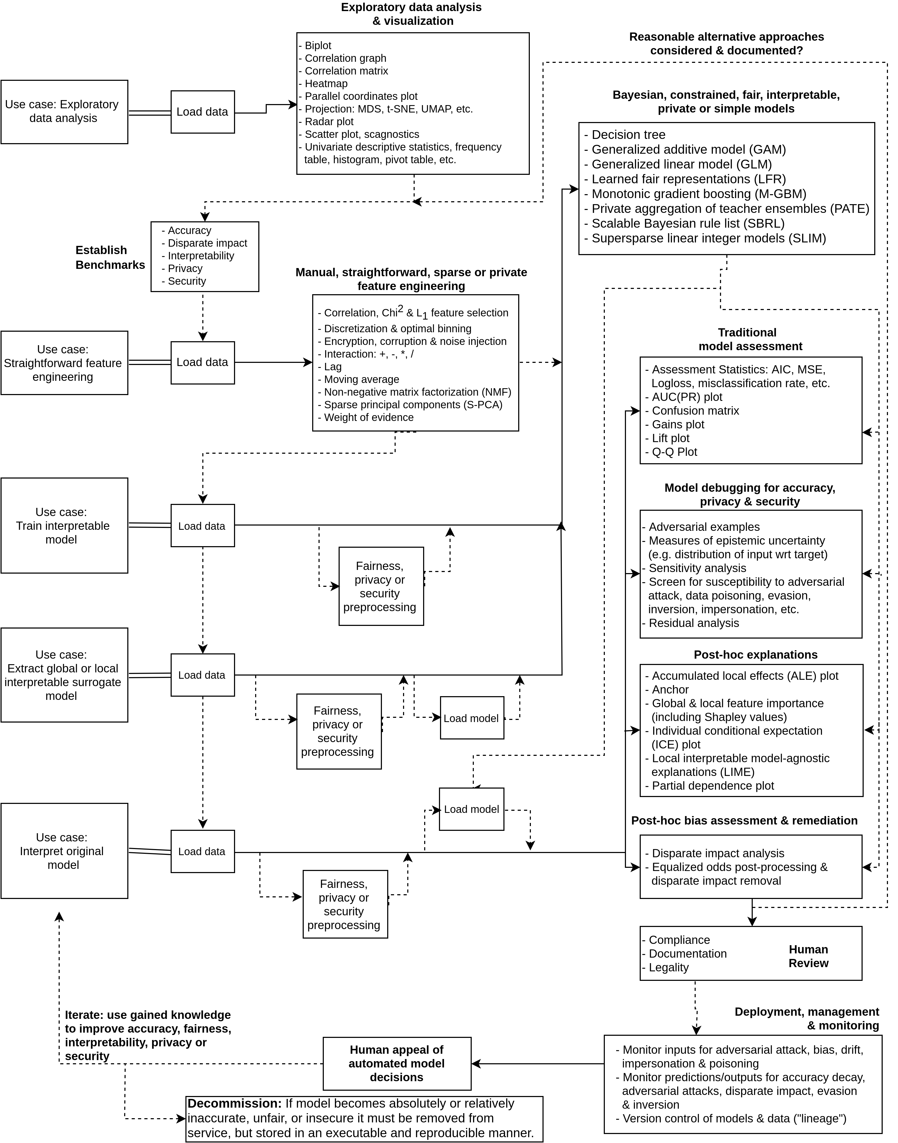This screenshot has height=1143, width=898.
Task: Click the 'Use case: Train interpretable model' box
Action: [64, 525]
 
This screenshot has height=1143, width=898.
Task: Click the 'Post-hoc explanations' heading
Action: [756, 655]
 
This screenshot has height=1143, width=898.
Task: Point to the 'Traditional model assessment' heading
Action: [750, 339]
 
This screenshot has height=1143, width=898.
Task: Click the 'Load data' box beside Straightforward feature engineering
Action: [202, 362]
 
